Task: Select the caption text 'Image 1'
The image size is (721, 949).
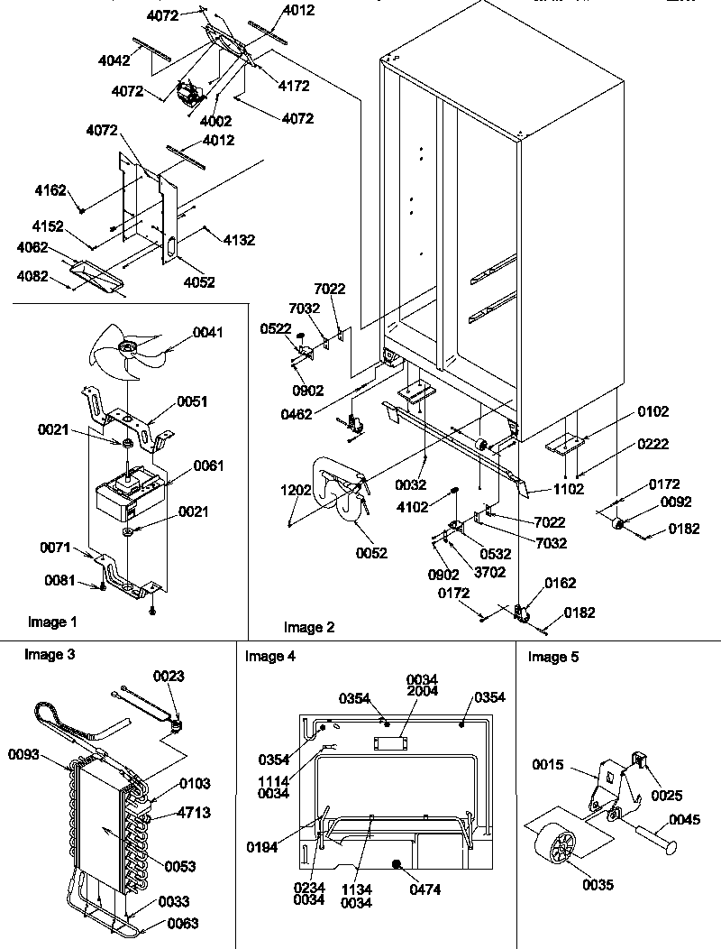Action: click(x=52, y=622)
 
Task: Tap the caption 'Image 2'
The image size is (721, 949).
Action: click(x=308, y=627)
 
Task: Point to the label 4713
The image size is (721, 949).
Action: click(x=194, y=813)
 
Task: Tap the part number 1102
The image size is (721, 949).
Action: click(x=569, y=489)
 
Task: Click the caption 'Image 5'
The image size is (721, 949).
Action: click(x=553, y=657)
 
